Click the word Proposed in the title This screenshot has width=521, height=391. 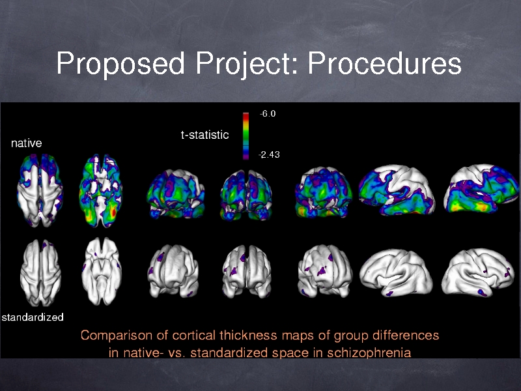(x=120, y=63)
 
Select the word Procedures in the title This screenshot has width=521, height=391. (x=384, y=63)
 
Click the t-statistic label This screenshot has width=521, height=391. (x=204, y=135)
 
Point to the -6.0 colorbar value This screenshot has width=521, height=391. (x=268, y=113)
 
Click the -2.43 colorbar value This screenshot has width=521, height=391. (x=269, y=154)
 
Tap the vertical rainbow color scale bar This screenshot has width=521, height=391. (x=246, y=136)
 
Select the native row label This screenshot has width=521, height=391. (x=27, y=143)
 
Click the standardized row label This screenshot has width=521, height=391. (x=33, y=317)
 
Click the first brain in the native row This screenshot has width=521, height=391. (x=40, y=190)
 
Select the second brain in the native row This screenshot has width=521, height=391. (x=101, y=190)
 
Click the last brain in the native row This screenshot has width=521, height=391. (x=481, y=188)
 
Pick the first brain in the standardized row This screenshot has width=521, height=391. (x=40, y=272)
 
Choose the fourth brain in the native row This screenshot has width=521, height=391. (x=246, y=194)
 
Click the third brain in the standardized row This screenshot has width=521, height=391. (x=173, y=271)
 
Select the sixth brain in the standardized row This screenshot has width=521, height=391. (x=396, y=272)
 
